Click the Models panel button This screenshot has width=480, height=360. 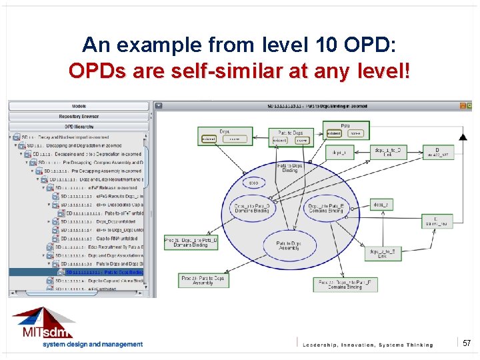79,106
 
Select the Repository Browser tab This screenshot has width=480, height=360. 79,117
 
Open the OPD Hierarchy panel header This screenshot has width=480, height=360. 79,127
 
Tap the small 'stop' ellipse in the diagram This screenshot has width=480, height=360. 254,182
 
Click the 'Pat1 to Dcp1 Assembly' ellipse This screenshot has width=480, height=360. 289,246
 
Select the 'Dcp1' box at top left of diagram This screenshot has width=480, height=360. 224,135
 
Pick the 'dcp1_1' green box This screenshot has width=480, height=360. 339,152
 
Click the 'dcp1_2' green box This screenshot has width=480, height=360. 381,205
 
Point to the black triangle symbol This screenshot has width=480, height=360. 463,137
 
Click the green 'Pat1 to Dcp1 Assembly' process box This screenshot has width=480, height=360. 204,281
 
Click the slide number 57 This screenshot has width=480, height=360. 467,343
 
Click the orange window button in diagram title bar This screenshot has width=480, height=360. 463,105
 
